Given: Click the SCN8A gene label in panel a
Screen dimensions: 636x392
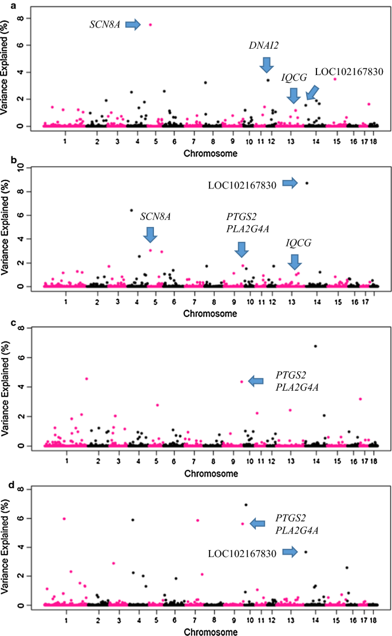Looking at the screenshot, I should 105,24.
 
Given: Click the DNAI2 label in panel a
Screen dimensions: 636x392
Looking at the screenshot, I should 263,45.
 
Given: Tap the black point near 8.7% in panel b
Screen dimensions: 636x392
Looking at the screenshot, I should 307,183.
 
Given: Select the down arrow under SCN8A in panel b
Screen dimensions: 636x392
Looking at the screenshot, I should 150,235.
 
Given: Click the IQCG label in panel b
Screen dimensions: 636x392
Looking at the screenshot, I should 299,243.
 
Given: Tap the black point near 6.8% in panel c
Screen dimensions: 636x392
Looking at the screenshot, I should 315,346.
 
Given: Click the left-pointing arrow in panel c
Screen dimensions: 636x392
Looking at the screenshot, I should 256,381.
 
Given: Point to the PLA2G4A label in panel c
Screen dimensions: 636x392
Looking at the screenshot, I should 297,388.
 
